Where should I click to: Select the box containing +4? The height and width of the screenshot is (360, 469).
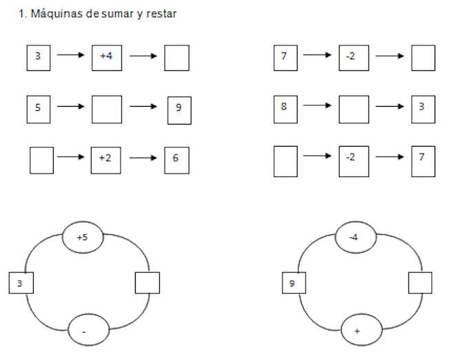point(106,57)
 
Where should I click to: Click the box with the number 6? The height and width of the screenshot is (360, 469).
point(176,160)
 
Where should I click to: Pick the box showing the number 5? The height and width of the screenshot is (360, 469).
point(39,109)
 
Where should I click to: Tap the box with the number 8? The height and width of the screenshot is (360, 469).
point(285,108)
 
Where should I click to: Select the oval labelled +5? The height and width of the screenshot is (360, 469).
point(82,237)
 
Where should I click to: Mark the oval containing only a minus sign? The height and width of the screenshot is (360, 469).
point(88,331)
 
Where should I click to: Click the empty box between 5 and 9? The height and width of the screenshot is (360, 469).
point(106,109)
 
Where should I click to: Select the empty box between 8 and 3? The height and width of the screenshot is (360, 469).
point(353,109)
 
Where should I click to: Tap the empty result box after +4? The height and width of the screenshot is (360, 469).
point(176,58)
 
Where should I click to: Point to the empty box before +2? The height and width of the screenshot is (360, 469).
point(41,160)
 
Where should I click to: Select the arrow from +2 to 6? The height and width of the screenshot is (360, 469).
point(143,158)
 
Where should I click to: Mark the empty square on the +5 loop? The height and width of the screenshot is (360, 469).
point(147,283)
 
